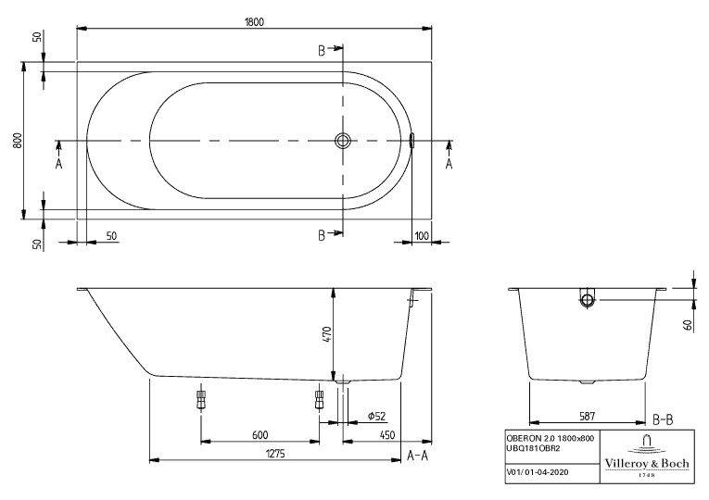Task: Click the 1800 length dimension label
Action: pos(254,21)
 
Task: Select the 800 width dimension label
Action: pos(18,141)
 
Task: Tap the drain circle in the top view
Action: pos(343,141)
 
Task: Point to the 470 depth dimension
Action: pos(327,334)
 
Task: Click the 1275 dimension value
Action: pos(275,453)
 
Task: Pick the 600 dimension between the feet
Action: pos(260,435)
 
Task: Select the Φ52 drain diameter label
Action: pos(376,416)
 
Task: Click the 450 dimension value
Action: pos(386,435)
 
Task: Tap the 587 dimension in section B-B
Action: pos(587,416)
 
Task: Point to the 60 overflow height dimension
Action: pos(689,324)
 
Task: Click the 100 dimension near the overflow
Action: pos(422,235)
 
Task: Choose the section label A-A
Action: pos(417,456)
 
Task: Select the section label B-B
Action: pos(663,420)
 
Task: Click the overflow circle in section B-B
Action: pos(588,299)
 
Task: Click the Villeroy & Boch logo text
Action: pos(647,463)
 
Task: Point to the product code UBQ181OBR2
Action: pos(533,448)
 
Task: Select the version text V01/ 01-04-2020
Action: pos(538,472)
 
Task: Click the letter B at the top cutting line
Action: pos(322,51)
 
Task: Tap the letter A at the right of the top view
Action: pos(449,163)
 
